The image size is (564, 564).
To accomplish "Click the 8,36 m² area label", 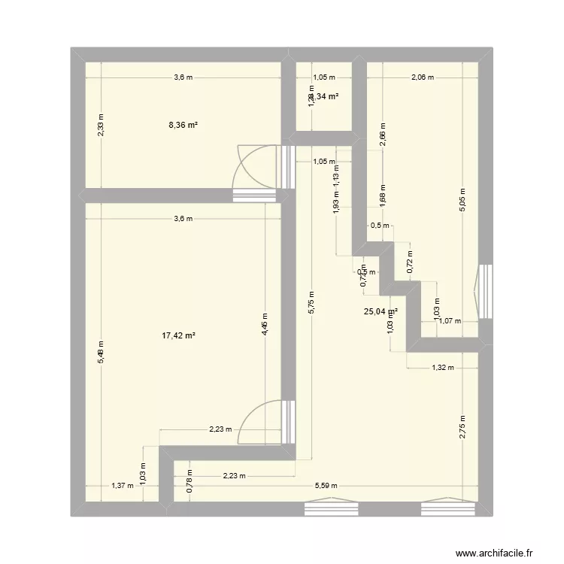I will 183,126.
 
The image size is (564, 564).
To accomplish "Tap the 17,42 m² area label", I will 180,337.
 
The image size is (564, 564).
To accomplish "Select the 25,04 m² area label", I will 381,311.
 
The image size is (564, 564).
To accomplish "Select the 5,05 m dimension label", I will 463,201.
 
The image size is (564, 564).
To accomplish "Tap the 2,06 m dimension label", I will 422,77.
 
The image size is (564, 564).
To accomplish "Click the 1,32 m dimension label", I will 442,368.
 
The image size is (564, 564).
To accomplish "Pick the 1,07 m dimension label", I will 450,321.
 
